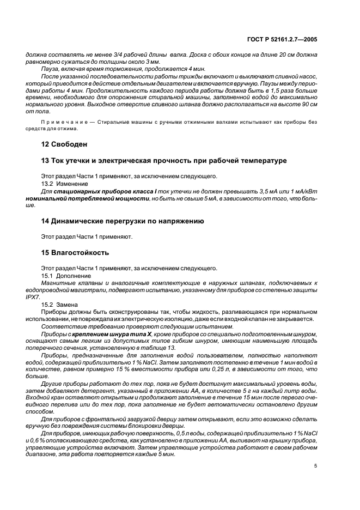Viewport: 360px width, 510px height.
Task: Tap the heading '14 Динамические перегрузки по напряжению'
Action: tap(123, 221)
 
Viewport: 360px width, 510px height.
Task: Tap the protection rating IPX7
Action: tap(33, 297)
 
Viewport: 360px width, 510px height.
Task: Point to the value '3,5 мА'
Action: tap(276, 192)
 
